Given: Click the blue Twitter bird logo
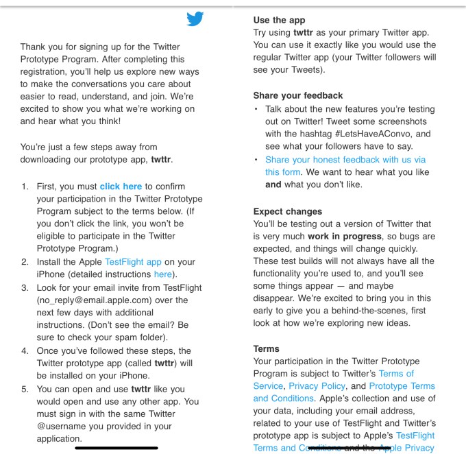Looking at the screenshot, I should click(195, 19).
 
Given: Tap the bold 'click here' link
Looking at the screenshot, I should click(121, 186).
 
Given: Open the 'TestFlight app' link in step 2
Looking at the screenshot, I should click(133, 261).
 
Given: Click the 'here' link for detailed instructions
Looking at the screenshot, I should click(163, 274).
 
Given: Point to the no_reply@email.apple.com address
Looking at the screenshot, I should click(95, 300).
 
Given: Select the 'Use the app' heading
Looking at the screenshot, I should click(279, 20).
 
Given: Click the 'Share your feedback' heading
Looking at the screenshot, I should click(297, 95).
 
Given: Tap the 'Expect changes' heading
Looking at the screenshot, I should click(287, 211).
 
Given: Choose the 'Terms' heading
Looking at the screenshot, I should click(267, 348).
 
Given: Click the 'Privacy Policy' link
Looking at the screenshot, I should click(317, 386).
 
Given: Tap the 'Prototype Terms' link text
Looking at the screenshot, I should click(402, 386).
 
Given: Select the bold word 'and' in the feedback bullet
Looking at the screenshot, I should click(273, 184).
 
